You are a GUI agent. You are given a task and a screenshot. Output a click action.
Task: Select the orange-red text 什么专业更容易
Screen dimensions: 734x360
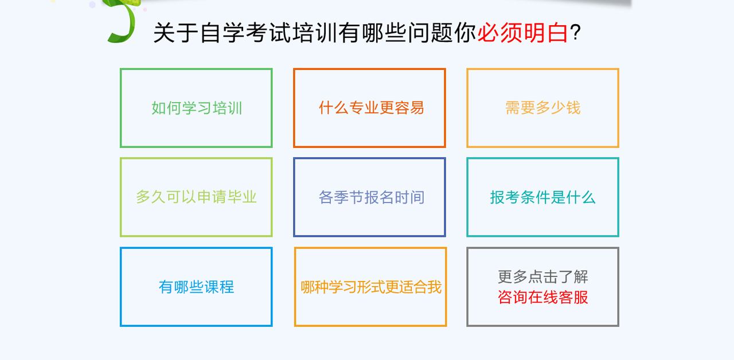[371, 108]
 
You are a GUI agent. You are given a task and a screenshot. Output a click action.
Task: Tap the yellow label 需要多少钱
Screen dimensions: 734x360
[542, 108]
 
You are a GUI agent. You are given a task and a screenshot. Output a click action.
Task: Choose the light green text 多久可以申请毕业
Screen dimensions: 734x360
[196, 197]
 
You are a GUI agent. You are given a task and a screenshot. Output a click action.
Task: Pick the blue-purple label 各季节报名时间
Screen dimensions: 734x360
[371, 197]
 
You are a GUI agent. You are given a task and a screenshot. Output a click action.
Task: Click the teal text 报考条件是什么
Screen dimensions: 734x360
[542, 197]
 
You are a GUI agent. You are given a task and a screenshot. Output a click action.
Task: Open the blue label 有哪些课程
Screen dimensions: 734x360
[196, 287]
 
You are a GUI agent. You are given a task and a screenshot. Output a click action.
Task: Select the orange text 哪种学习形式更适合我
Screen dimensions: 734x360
[371, 287]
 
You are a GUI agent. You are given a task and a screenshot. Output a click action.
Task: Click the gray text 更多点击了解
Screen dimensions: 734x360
[543, 277]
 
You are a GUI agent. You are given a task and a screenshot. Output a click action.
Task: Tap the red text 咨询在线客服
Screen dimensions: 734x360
[543, 298]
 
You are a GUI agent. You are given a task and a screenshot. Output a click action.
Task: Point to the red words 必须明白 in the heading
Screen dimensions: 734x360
[523, 33]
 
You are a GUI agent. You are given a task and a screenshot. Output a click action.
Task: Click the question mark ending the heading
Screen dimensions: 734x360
[575, 33]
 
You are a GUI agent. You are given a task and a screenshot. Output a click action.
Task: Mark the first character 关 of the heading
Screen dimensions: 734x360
[165, 33]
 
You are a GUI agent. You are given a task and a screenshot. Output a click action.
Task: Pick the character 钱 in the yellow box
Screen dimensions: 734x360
[573, 108]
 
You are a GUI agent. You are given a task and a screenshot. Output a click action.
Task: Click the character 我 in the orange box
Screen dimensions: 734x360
[435, 287]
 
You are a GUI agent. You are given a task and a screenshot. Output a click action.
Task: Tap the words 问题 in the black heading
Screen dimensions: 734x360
[431, 33]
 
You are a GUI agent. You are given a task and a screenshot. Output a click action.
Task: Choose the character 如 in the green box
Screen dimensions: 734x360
[159, 108]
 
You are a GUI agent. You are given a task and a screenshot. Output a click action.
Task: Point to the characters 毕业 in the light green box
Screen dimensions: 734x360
[242, 197]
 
